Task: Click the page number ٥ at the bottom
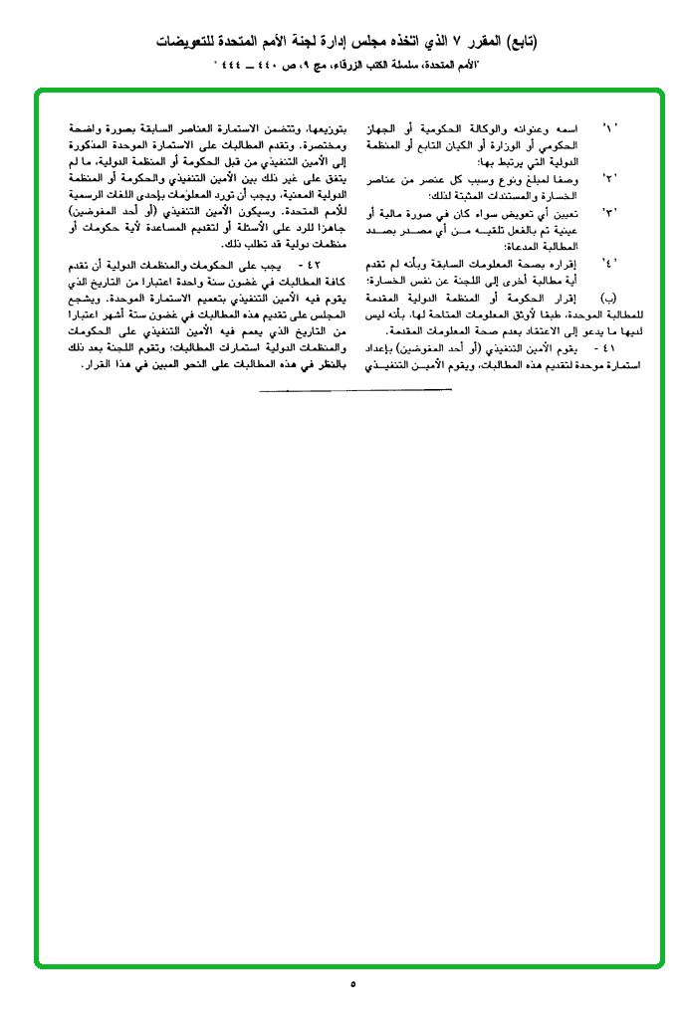coord(352,984)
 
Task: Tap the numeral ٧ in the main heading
coord(439,42)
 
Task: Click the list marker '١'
coord(610,131)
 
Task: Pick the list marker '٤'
coord(610,262)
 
